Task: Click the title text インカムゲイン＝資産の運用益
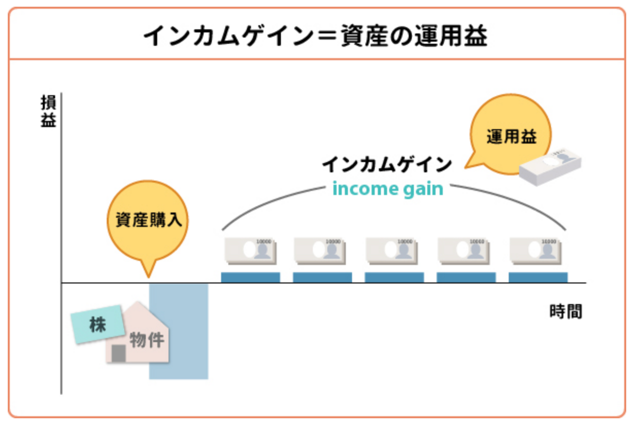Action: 315,37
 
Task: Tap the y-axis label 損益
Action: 48,111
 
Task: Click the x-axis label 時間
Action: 565,312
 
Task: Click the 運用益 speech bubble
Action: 511,135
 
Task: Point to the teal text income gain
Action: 388,189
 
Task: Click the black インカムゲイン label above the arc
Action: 387,165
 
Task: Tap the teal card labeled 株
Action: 97,325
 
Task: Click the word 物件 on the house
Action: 146,340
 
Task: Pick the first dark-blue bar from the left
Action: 250,277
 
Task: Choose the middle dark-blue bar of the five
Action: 394,277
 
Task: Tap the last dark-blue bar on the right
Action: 538,277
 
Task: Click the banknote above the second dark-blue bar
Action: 322,251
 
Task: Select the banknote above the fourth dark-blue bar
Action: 466,251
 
